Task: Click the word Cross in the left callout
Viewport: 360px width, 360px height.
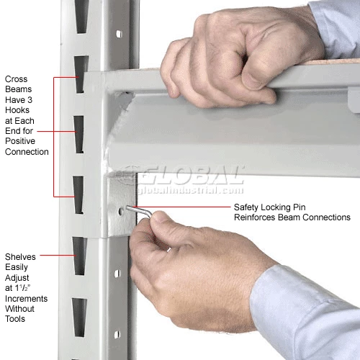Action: tap(17, 81)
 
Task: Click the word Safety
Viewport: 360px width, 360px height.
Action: tap(247, 207)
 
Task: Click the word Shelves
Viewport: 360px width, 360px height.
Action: tap(22, 257)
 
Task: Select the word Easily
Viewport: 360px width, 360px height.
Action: tap(18, 267)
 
